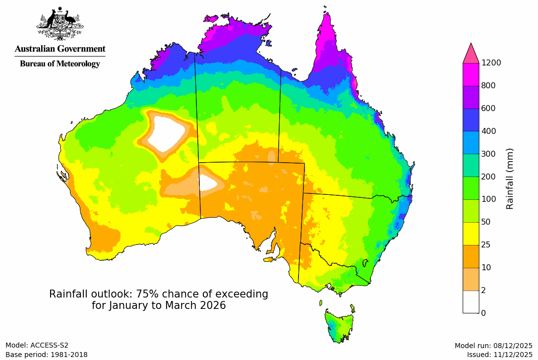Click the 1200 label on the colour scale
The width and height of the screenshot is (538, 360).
click(x=491, y=62)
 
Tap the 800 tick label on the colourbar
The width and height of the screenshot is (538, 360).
click(x=488, y=85)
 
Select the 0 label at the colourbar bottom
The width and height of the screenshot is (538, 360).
click(x=483, y=313)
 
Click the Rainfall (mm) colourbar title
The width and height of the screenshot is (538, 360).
click(x=510, y=179)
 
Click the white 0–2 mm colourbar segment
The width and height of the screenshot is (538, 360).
click(x=471, y=301)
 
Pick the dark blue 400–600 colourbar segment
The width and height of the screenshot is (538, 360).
click(x=471, y=120)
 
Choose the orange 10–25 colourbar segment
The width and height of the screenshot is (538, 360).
click(x=471, y=256)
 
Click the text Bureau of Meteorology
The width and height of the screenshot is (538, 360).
click(x=60, y=63)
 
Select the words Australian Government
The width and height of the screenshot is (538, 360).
click(x=60, y=49)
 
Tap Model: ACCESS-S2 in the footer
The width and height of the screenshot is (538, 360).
click(x=37, y=345)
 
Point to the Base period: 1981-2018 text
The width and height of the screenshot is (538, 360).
click(x=47, y=355)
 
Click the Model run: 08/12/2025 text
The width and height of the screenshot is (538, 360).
click(x=493, y=346)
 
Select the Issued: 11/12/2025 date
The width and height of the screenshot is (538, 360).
click(x=499, y=355)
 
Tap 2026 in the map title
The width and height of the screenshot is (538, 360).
click(x=212, y=305)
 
